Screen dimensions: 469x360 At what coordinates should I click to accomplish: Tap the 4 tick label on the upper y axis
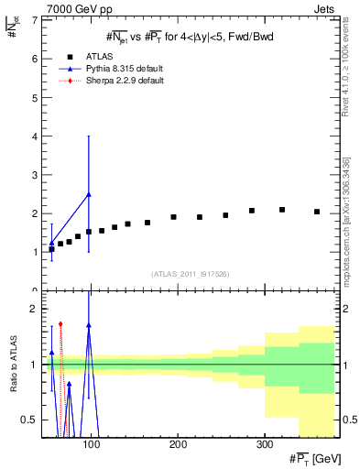(x=34, y=136)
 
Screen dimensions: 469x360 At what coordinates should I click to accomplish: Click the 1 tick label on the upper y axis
(x=34, y=252)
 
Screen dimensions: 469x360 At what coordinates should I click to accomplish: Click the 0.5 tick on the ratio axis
(x=29, y=420)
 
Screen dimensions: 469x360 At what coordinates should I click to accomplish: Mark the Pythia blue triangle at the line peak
(x=88, y=194)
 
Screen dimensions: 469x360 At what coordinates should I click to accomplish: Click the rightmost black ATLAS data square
(x=317, y=212)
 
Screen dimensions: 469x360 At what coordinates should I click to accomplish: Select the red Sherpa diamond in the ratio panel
(x=60, y=323)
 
